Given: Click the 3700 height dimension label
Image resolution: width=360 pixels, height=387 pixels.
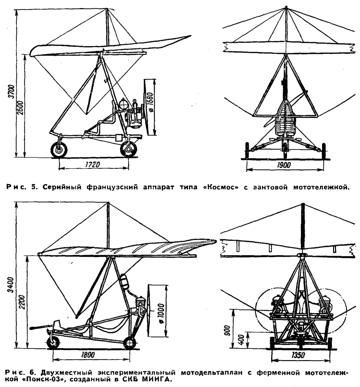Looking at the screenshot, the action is pos(12,91).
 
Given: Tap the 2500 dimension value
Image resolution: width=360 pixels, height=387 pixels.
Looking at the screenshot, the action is pos(21,107).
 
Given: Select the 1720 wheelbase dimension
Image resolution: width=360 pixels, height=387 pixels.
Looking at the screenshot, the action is pos(92,164).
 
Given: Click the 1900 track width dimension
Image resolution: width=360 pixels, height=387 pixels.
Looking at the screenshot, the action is pos(283,165).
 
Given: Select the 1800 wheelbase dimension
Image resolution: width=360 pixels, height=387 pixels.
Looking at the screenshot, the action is pos(88,355).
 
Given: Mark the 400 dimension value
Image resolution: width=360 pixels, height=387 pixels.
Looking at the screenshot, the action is pos(241,340).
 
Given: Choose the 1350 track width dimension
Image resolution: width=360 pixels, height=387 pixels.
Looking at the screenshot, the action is pos(298,355).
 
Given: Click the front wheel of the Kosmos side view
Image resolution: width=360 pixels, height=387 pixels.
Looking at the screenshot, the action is pos(59,150).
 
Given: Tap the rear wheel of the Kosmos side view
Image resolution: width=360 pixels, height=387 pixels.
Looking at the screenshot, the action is pos(129,149).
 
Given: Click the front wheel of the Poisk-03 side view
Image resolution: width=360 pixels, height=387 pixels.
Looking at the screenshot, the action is pos(53,342).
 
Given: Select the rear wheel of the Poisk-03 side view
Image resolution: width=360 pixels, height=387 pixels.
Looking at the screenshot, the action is pos(130,342).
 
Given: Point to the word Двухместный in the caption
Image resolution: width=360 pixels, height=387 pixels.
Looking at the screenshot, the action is pos(66,372).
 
